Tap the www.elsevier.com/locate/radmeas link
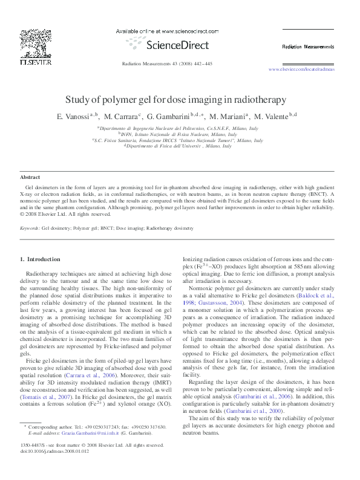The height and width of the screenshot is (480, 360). pyautogui.click(x=301, y=70)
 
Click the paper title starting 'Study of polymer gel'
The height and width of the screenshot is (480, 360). pyautogui.click(x=180, y=100)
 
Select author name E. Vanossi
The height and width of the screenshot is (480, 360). pyautogui.click(x=73, y=116)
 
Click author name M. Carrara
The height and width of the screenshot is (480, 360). pyautogui.click(x=121, y=116)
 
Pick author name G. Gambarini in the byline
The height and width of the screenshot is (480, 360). pyautogui.click(x=171, y=116)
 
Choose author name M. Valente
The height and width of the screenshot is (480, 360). pyautogui.click(x=272, y=116)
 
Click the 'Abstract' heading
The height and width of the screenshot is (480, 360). pyautogui.click(x=30, y=178)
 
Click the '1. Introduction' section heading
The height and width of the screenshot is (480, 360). pyautogui.click(x=40, y=259)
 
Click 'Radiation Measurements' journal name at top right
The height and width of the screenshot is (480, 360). pyautogui.click(x=307, y=47)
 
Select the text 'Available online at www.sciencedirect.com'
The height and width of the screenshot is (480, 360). pyautogui.click(x=162, y=31)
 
